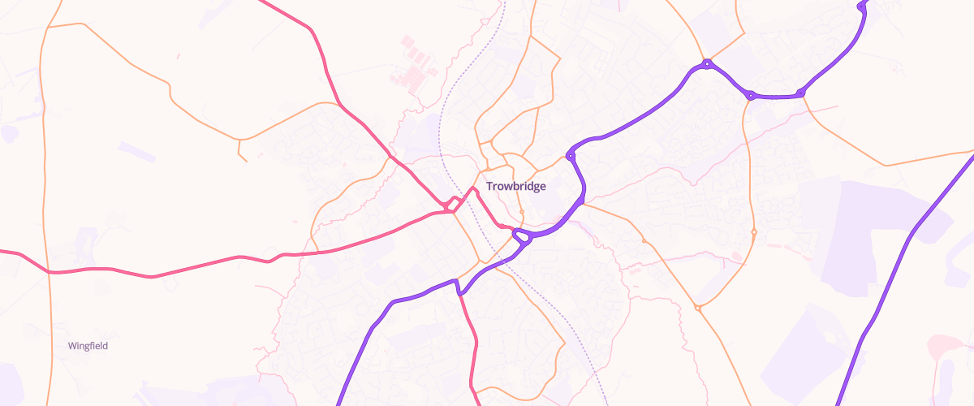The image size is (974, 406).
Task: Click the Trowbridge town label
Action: point(515,186)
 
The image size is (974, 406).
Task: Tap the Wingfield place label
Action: point(88,346)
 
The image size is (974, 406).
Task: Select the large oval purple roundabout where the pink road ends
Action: point(521,237)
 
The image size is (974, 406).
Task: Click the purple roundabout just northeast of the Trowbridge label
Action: point(571,154)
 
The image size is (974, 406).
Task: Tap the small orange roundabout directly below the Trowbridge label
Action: point(521,214)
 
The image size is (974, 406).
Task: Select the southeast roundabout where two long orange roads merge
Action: point(698,308)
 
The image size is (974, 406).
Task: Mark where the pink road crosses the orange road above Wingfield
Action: point(50,272)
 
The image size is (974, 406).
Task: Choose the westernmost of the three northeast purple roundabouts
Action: point(708,63)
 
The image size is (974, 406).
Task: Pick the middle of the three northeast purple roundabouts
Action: point(751,95)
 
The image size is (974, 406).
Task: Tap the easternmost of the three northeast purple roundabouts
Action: point(800,93)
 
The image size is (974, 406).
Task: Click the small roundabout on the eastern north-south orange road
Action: point(754,232)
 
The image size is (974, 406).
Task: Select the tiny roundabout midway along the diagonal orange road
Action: point(644,241)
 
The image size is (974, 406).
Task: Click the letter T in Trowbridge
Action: point(489,186)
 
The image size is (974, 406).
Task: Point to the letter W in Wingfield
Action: point(72,346)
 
